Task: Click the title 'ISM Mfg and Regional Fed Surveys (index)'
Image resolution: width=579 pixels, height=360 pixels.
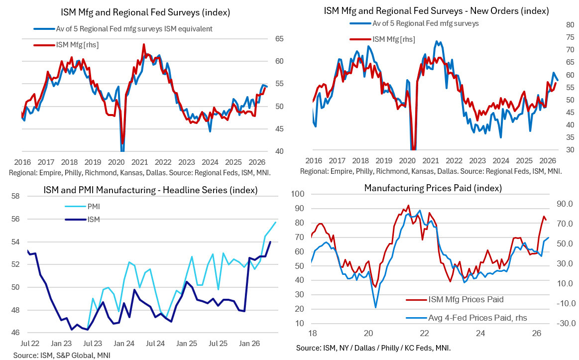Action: coord(145,12)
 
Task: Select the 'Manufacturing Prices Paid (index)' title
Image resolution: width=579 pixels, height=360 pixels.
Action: coord(433,188)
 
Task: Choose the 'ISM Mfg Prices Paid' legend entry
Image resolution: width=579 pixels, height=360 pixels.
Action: coord(455,299)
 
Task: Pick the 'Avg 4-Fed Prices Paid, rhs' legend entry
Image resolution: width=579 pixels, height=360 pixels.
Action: coord(466,318)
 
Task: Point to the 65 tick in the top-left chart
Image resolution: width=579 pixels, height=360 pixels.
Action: coord(279,39)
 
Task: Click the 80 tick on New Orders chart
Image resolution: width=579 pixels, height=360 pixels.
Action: coord(570,25)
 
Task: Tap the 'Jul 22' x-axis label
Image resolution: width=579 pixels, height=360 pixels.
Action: coord(30,344)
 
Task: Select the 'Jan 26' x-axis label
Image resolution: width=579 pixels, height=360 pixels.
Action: coord(249,344)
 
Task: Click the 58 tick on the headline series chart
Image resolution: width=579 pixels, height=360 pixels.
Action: coord(15,196)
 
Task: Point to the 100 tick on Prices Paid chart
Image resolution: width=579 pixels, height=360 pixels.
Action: coord(298,194)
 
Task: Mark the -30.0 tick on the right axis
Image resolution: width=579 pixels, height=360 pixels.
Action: coord(566,323)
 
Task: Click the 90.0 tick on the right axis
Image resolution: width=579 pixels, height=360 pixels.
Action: coord(566,204)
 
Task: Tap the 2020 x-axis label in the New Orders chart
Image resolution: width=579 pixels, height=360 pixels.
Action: coord(407,161)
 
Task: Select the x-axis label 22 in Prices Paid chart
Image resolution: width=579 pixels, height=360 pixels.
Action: coord(424,333)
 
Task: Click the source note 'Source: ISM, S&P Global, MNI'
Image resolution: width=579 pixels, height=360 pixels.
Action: coord(62,355)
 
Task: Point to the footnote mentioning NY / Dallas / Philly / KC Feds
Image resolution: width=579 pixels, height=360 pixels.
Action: coord(373,348)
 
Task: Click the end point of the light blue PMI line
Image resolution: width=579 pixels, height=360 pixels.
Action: coord(275,222)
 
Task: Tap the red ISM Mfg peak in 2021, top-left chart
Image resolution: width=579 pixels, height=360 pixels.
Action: coord(144,44)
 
